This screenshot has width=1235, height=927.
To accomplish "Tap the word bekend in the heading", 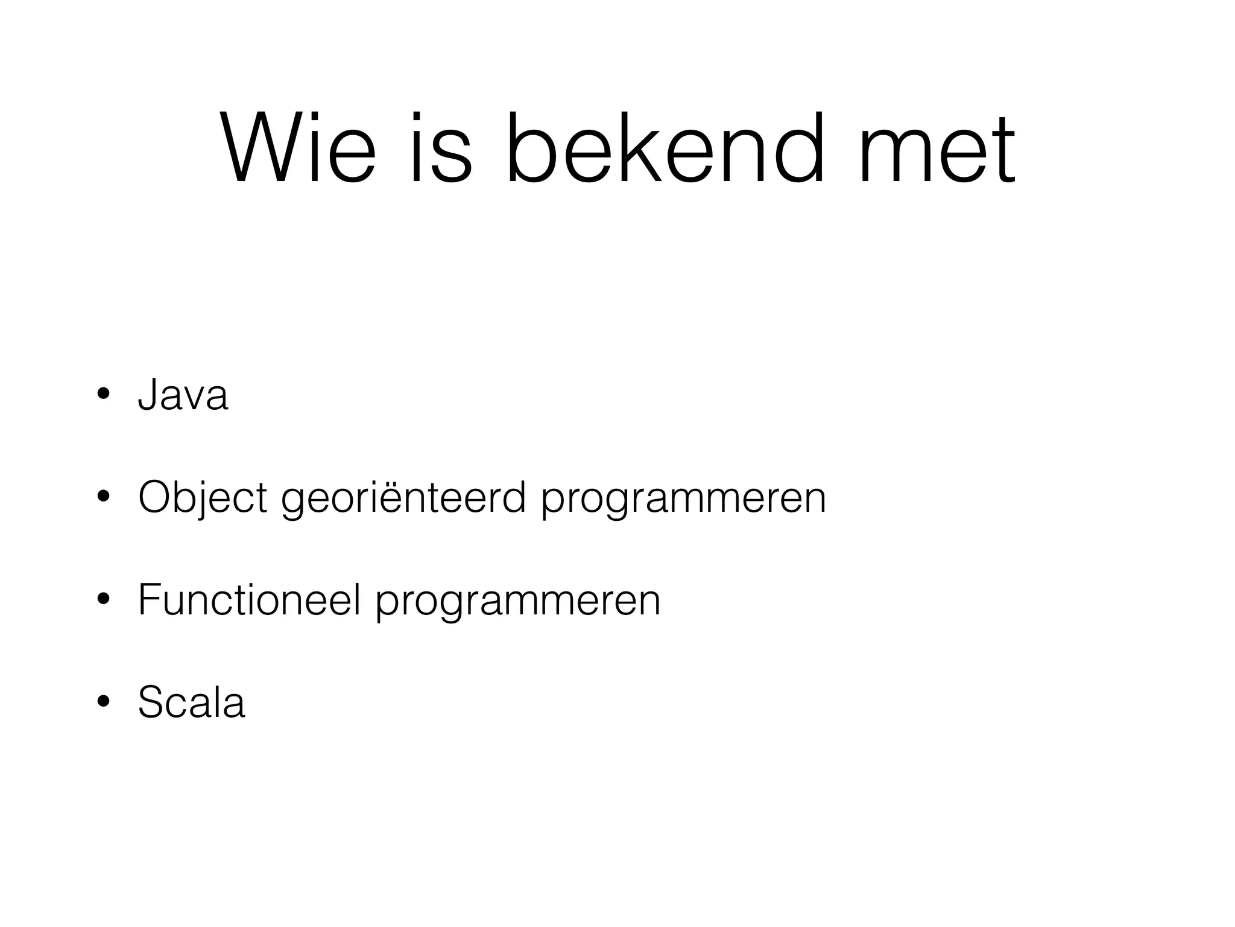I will click(665, 148).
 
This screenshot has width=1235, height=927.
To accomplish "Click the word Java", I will click(183, 395).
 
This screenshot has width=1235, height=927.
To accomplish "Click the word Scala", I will click(191, 702).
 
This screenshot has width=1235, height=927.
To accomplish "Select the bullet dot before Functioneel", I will click(103, 600).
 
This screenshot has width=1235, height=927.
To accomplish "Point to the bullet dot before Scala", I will click(103, 702).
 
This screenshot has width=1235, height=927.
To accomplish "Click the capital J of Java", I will click(147, 395).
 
